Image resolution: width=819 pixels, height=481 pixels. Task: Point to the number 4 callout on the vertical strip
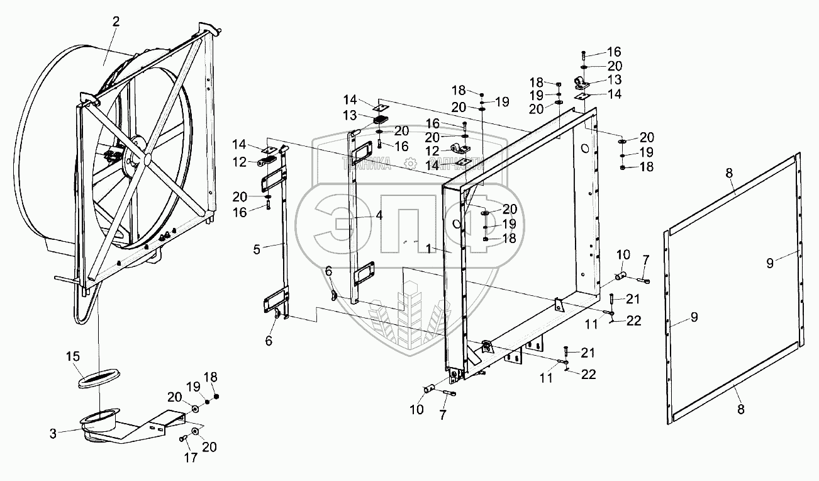click(379, 215)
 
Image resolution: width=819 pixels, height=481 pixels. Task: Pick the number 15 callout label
click(74, 358)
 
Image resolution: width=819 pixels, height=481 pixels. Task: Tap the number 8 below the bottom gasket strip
click(740, 409)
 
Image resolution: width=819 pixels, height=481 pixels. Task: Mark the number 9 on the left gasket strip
click(694, 317)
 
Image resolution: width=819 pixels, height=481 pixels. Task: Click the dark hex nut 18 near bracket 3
click(217, 397)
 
